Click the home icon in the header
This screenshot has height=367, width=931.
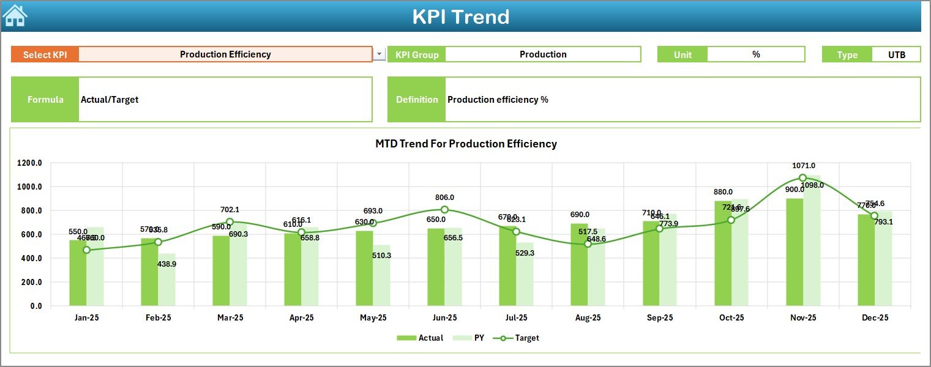[x=15, y=15]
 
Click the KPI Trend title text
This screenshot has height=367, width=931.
[x=460, y=17]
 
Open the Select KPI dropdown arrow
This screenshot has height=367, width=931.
[x=380, y=54]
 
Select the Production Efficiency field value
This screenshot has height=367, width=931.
[x=225, y=54]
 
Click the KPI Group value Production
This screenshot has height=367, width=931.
[x=543, y=54]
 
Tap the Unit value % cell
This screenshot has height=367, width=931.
[x=756, y=54]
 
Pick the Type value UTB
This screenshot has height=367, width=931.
[x=897, y=54]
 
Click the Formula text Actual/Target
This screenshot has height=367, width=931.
[x=110, y=100]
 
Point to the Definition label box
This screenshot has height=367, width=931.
[x=417, y=100]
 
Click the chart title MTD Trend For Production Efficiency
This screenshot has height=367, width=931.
[x=466, y=144]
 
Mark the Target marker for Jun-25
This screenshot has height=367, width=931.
[x=444, y=210]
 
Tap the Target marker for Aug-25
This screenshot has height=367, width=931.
[x=588, y=244]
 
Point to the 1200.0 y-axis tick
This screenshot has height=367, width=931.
[x=29, y=163]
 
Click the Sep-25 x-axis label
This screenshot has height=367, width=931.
[x=660, y=318]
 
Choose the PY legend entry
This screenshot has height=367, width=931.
[x=471, y=338]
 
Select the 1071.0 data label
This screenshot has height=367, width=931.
[x=803, y=166]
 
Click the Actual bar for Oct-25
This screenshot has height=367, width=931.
[x=723, y=253]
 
